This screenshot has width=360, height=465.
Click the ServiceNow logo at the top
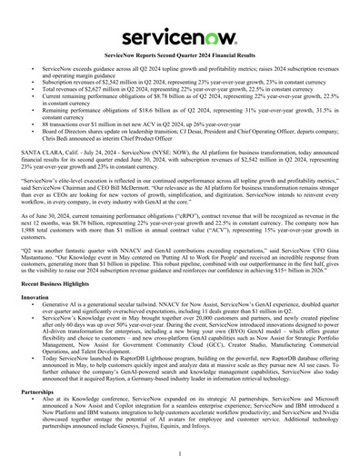pos(180,36)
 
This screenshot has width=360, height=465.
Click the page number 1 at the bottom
pos(180,451)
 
